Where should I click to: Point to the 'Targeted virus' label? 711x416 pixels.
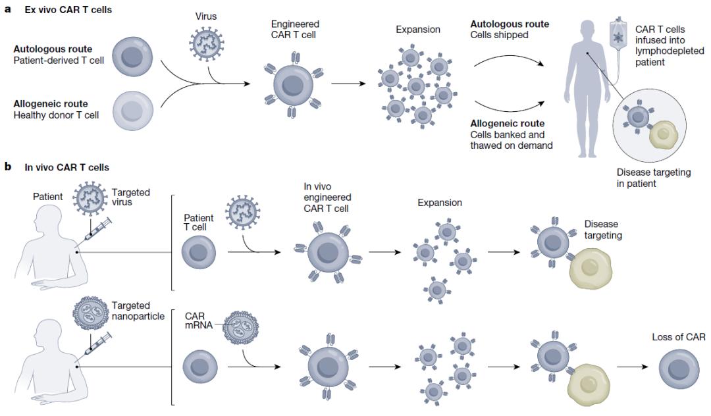point(132,197)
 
